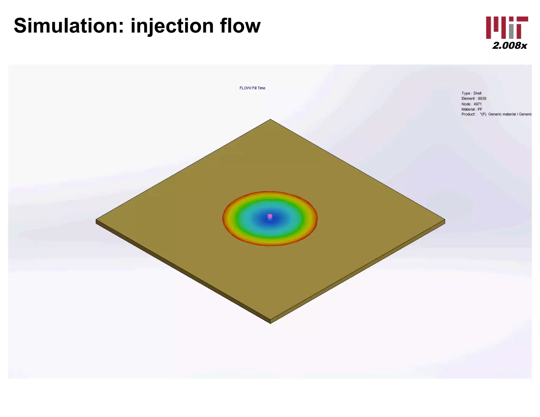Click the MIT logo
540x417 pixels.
(x=507, y=28)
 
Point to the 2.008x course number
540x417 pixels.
(x=509, y=46)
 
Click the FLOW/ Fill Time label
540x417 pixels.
(x=252, y=88)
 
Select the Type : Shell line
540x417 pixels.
(x=471, y=93)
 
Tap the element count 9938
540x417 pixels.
(x=482, y=99)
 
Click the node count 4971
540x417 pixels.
(x=478, y=104)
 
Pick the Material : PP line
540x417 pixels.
(x=472, y=109)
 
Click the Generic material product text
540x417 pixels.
(x=502, y=114)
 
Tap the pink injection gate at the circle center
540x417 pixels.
(x=270, y=216)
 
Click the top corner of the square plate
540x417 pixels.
(x=270, y=120)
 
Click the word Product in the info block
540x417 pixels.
(x=468, y=114)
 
